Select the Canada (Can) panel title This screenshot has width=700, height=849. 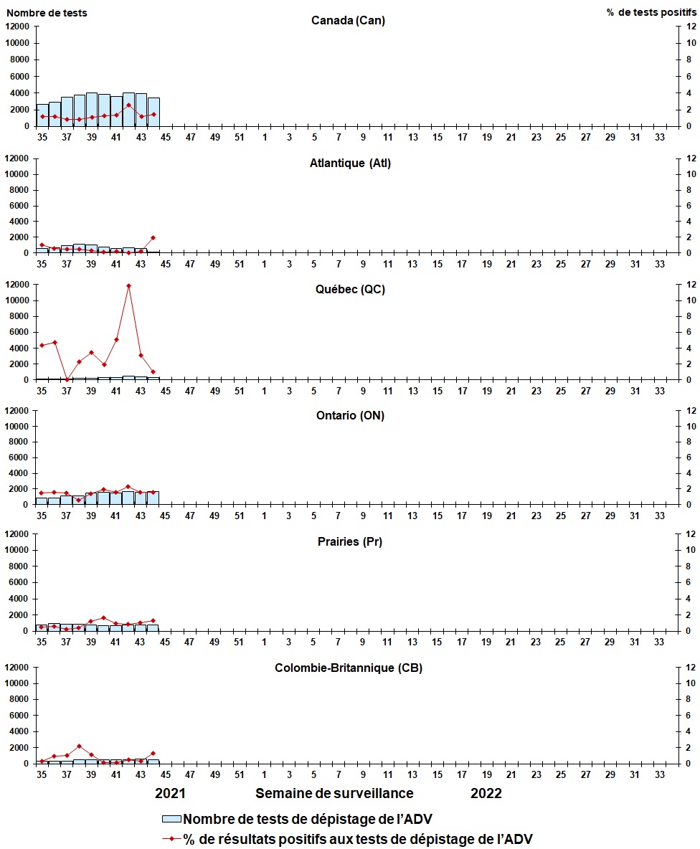coord(348,20)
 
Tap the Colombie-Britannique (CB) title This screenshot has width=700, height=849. coord(349,668)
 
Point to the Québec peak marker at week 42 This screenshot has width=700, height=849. coord(128,285)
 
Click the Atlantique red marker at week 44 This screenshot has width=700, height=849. coord(153,237)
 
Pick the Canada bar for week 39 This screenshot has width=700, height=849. coord(91,110)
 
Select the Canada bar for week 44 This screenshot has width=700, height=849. coord(153,112)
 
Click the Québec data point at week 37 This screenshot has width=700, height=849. coord(67,379)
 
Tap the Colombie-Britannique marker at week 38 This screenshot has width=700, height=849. coord(79,746)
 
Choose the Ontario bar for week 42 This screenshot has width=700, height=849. coord(128,498)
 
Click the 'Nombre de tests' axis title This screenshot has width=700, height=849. coord(47,13)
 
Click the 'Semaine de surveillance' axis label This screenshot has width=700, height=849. coord(334,793)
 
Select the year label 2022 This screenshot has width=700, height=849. coord(486,793)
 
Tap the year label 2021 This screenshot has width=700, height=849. coord(171,793)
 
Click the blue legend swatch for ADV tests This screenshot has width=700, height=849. coord(171,820)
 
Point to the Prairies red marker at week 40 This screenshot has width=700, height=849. coord(104,617)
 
